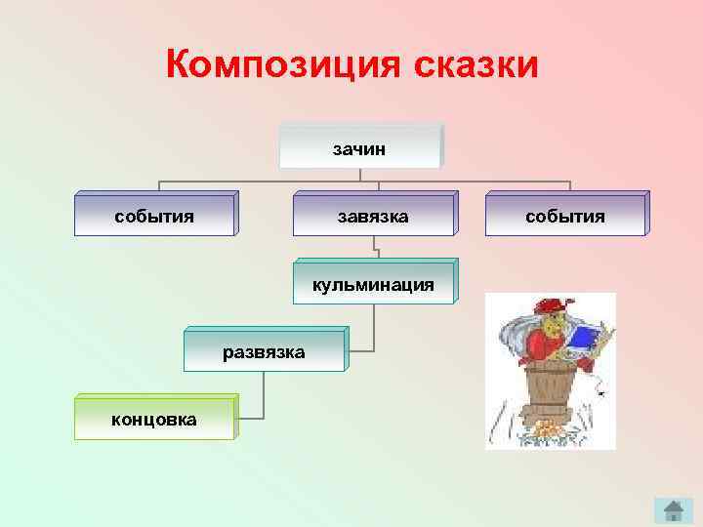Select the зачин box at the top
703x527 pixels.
[x=359, y=147]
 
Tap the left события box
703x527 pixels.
[x=154, y=216]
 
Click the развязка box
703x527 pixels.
[x=263, y=350]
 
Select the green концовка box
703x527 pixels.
[x=153, y=419]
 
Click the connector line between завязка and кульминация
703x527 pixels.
[x=374, y=248]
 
